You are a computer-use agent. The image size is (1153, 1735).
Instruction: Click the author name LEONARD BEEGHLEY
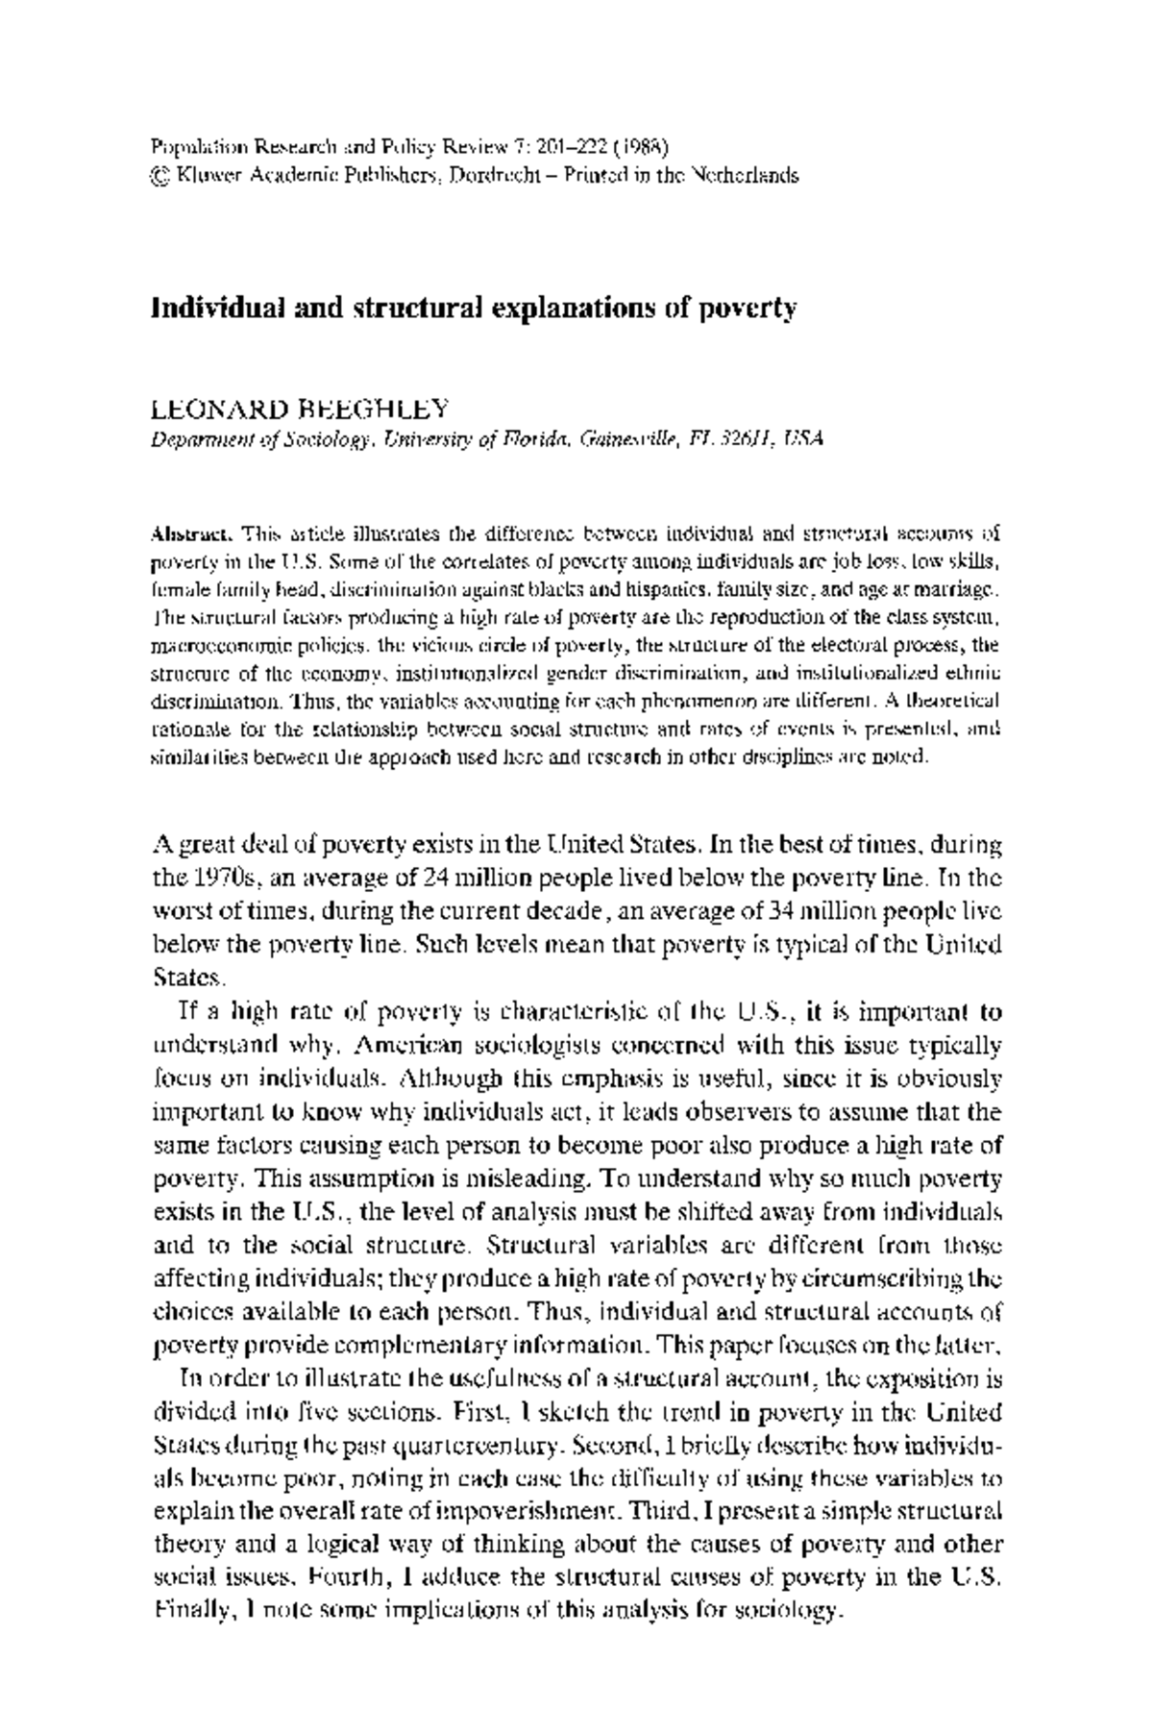300,409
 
